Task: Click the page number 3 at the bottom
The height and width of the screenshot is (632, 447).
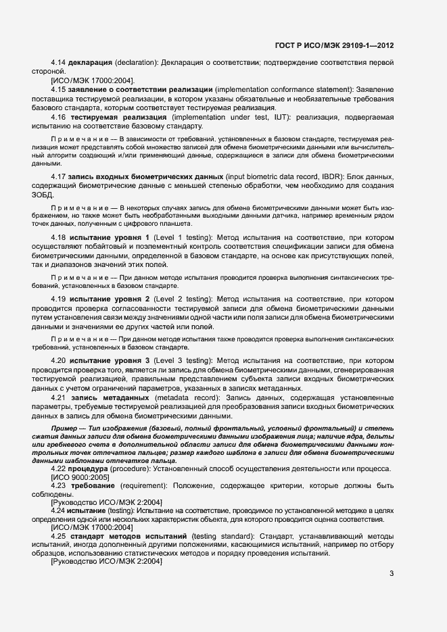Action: coord(392,574)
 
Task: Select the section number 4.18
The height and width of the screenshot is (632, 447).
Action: coord(58,239)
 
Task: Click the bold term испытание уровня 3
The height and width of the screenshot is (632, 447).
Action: coord(110,360)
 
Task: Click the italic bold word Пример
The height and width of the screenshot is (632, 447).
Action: coord(64,429)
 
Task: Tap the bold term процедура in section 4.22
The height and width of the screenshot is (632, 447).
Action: coord(93,468)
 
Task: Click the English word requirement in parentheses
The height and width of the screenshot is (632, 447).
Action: coord(151,486)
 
